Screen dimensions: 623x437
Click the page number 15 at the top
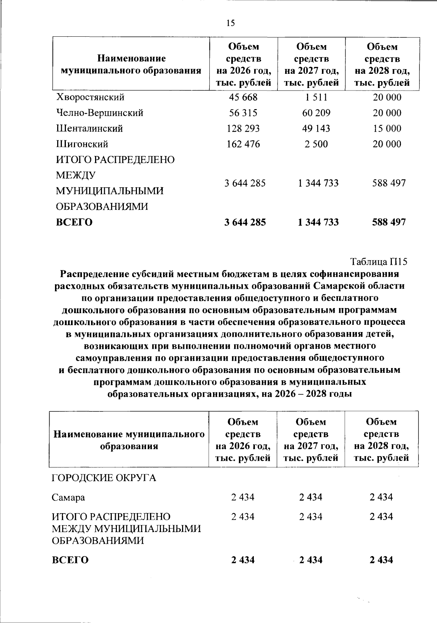pyautogui.click(x=231, y=23)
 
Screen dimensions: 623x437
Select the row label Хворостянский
pyautogui.click(x=90, y=97)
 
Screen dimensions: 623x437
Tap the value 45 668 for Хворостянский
pyautogui.click(x=243, y=97)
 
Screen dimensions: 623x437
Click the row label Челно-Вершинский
pyautogui.click(x=99, y=113)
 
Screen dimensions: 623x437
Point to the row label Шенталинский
pyautogui.click(x=89, y=129)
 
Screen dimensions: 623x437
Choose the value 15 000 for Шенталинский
pyautogui.click(x=387, y=129)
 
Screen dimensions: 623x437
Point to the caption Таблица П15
pyautogui.click(x=378, y=262)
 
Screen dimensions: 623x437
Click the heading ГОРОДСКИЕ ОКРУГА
pyautogui.click(x=104, y=478)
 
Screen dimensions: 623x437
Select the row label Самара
pyautogui.click(x=68, y=497)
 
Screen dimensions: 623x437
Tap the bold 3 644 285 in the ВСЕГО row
pyautogui.click(x=245, y=222)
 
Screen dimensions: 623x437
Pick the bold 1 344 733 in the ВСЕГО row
pyautogui.click(x=318, y=222)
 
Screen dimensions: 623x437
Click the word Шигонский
pyautogui.click(x=82, y=144)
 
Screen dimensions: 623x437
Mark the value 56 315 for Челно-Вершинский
pyautogui.click(x=243, y=113)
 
